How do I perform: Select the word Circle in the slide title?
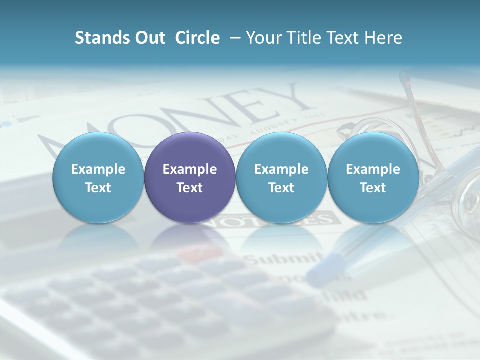click(197, 38)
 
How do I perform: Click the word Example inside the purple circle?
click(190, 169)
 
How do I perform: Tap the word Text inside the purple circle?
click(190, 188)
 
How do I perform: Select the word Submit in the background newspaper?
click(283, 258)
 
